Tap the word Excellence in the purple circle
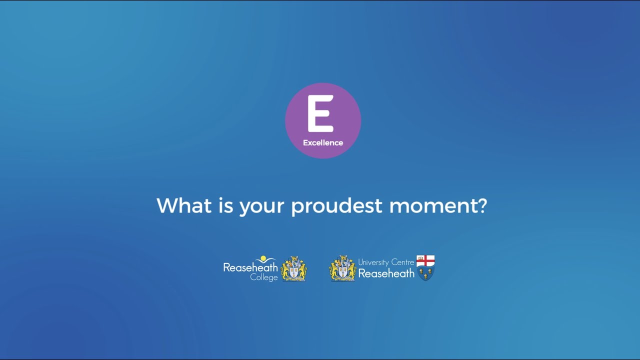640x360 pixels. pyautogui.click(x=323, y=143)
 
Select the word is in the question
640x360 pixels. pyautogui.click(x=226, y=205)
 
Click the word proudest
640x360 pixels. pyautogui.click(x=337, y=205)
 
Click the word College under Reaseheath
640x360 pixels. pyautogui.click(x=264, y=277)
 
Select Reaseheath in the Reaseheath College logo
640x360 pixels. pyautogui.click(x=250, y=267)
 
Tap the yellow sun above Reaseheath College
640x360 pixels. pyautogui.click(x=263, y=258)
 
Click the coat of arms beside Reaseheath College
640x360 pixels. pyautogui.click(x=293, y=268)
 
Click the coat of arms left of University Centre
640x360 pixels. pyautogui.click(x=342, y=268)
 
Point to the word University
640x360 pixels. pyautogui.click(x=373, y=262)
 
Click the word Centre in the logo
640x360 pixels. pyautogui.click(x=402, y=262)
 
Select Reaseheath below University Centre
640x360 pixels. pyautogui.click(x=386, y=273)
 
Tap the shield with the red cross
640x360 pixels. pyautogui.click(x=425, y=267)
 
